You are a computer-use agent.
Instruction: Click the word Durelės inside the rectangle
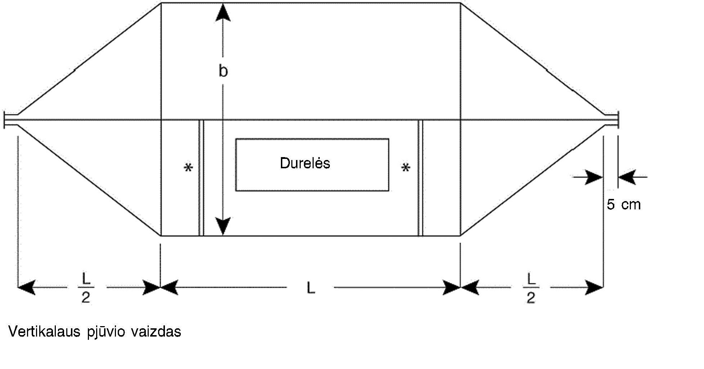tap(305, 163)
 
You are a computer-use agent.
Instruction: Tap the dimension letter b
tap(223, 71)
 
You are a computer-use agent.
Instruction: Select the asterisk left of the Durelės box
tap(188, 168)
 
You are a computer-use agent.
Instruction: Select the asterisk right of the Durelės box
tap(406, 168)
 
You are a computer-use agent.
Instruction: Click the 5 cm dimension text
tap(624, 205)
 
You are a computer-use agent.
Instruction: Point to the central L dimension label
tap(311, 288)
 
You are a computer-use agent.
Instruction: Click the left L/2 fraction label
tap(86, 288)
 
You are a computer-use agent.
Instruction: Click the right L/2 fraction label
tap(531, 288)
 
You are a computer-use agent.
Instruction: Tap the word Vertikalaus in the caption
tap(44, 332)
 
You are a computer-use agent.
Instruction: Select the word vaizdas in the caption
tap(156, 332)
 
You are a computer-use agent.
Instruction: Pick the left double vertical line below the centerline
tap(201, 178)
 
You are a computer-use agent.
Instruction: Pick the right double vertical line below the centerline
tap(420, 178)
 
